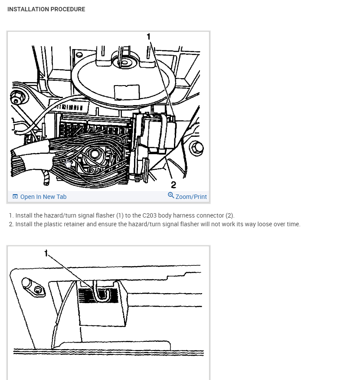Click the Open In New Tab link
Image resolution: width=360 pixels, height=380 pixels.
pyautogui.click(x=43, y=197)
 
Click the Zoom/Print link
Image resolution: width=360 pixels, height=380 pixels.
pyautogui.click(x=191, y=197)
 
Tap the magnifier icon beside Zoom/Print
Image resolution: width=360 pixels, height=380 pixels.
pyautogui.click(x=171, y=195)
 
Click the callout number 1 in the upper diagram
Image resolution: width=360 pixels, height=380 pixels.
pyautogui.click(x=149, y=36)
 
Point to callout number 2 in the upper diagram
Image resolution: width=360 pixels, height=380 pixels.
pyautogui.click(x=173, y=185)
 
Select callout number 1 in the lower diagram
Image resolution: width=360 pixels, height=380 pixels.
pyautogui.click(x=46, y=253)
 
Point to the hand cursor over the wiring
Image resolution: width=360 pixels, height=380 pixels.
pyautogui.click(x=69, y=164)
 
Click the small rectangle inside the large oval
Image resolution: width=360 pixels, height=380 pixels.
pyautogui.click(x=127, y=93)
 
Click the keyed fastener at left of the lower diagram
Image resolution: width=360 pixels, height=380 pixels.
pyautogui.click(x=33, y=287)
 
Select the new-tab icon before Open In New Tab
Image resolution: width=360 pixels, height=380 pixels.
pyautogui.click(x=15, y=196)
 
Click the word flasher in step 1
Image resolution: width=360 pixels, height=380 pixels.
pyautogui.click(x=105, y=215)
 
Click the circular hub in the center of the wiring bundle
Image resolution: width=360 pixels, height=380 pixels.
pyautogui.click(x=95, y=154)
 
